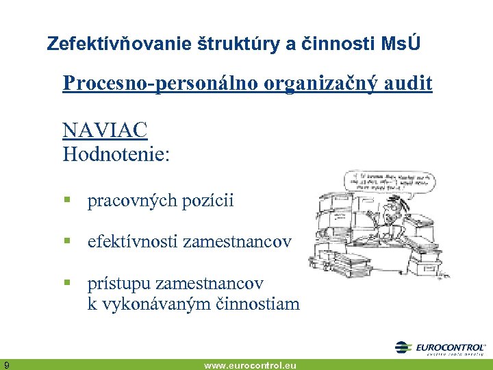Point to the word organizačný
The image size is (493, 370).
pos(323,84)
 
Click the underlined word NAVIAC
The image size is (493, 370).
pos(105,129)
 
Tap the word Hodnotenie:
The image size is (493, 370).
pos(116,153)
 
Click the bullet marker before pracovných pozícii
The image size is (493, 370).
pos(68,201)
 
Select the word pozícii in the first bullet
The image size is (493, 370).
pos(207,201)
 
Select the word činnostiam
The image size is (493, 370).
pos(258,304)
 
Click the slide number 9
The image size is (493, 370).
pos(6,364)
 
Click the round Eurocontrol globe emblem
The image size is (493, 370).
pos(405,348)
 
